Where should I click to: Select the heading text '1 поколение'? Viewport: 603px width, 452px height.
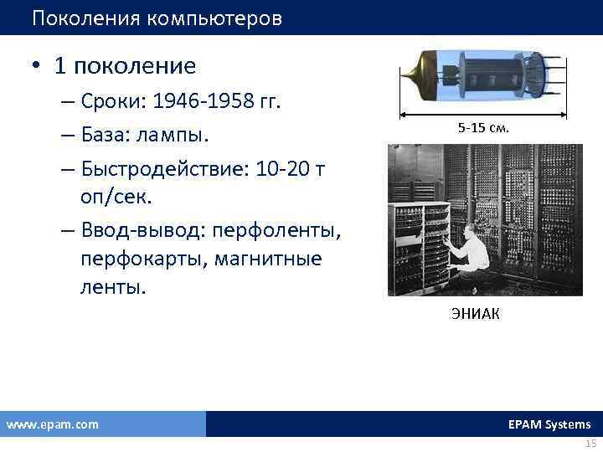click(125, 65)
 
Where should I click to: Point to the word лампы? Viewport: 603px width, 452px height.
click(182, 136)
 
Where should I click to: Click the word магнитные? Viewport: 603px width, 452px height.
click(268, 259)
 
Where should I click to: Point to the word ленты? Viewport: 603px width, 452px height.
click(113, 288)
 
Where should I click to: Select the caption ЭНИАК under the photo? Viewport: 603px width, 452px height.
click(473, 315)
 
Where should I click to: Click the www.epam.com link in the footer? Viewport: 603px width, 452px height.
click(52, 424)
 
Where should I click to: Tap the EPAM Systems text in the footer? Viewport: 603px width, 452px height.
click(549, 424)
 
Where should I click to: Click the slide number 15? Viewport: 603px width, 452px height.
click(590, 444)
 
